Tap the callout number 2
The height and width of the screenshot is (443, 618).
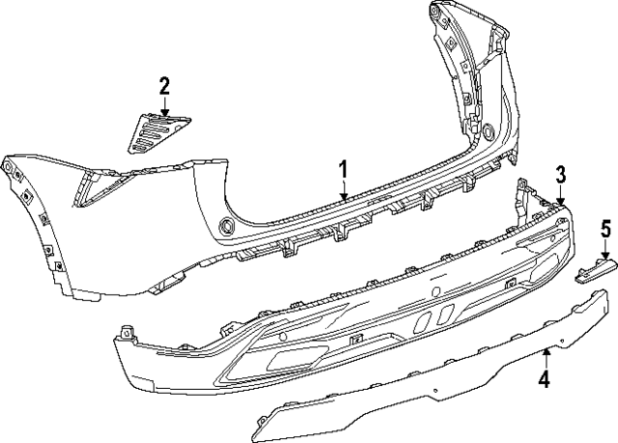(x=164, y=87)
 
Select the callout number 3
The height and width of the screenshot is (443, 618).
(x=561, y=175)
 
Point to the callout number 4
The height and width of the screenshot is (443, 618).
(x=545, y=380)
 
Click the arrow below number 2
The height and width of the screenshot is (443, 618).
(x=164, y=107)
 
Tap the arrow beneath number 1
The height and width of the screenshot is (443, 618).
(x=343, y=192)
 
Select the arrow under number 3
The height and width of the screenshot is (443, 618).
(x=561, y=196)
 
